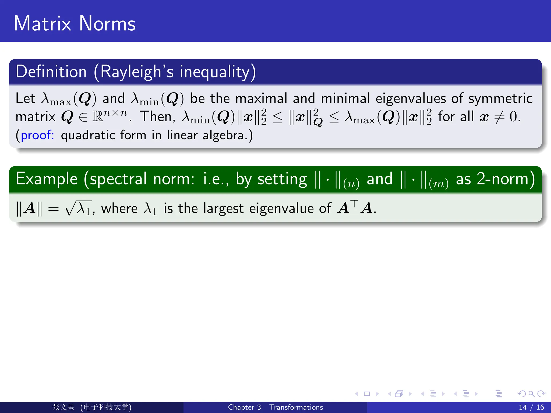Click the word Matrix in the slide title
click(42, 24)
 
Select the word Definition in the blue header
click(51, 72)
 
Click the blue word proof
click(37, 135)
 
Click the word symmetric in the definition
click(500, 98)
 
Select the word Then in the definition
click(157, 117)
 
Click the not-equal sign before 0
click(499, 117)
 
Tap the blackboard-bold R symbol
click(98, 117)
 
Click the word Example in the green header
click(47, 179)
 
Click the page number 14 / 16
click(531, 407)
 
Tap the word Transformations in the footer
click(296, 407)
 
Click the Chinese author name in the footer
click(63, 407)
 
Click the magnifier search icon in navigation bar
click(531, 394)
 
